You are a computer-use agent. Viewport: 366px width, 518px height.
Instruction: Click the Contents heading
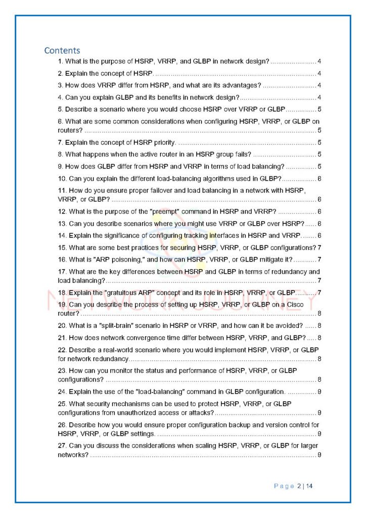pos(62,50)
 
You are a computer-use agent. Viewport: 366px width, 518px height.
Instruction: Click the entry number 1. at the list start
pos(61,62)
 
